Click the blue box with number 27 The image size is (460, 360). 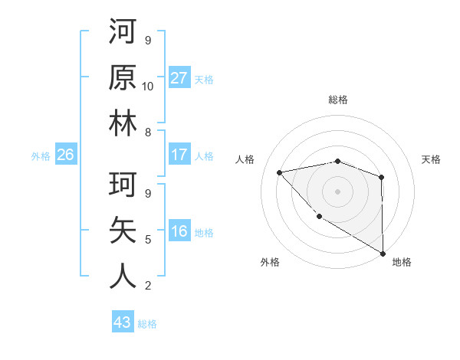pos(179,78)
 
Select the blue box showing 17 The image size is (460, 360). pos(179,155)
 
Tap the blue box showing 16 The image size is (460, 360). pos(179,231)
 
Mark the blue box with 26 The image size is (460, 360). pos(65,155)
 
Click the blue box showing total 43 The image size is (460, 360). pos(122,322)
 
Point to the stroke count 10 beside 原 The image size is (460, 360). pos(148,86)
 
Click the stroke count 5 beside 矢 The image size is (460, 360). pos(148,239)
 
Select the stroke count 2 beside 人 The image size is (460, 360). pos(148,285)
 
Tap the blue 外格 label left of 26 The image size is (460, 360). pos(41,155)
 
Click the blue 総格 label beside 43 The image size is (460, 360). pos(147,323)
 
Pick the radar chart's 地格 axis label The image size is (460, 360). pos(402,262)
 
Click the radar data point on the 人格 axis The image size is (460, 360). pos(280,172)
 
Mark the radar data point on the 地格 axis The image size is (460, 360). pos(383,254)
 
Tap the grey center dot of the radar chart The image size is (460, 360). pos(337,191)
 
